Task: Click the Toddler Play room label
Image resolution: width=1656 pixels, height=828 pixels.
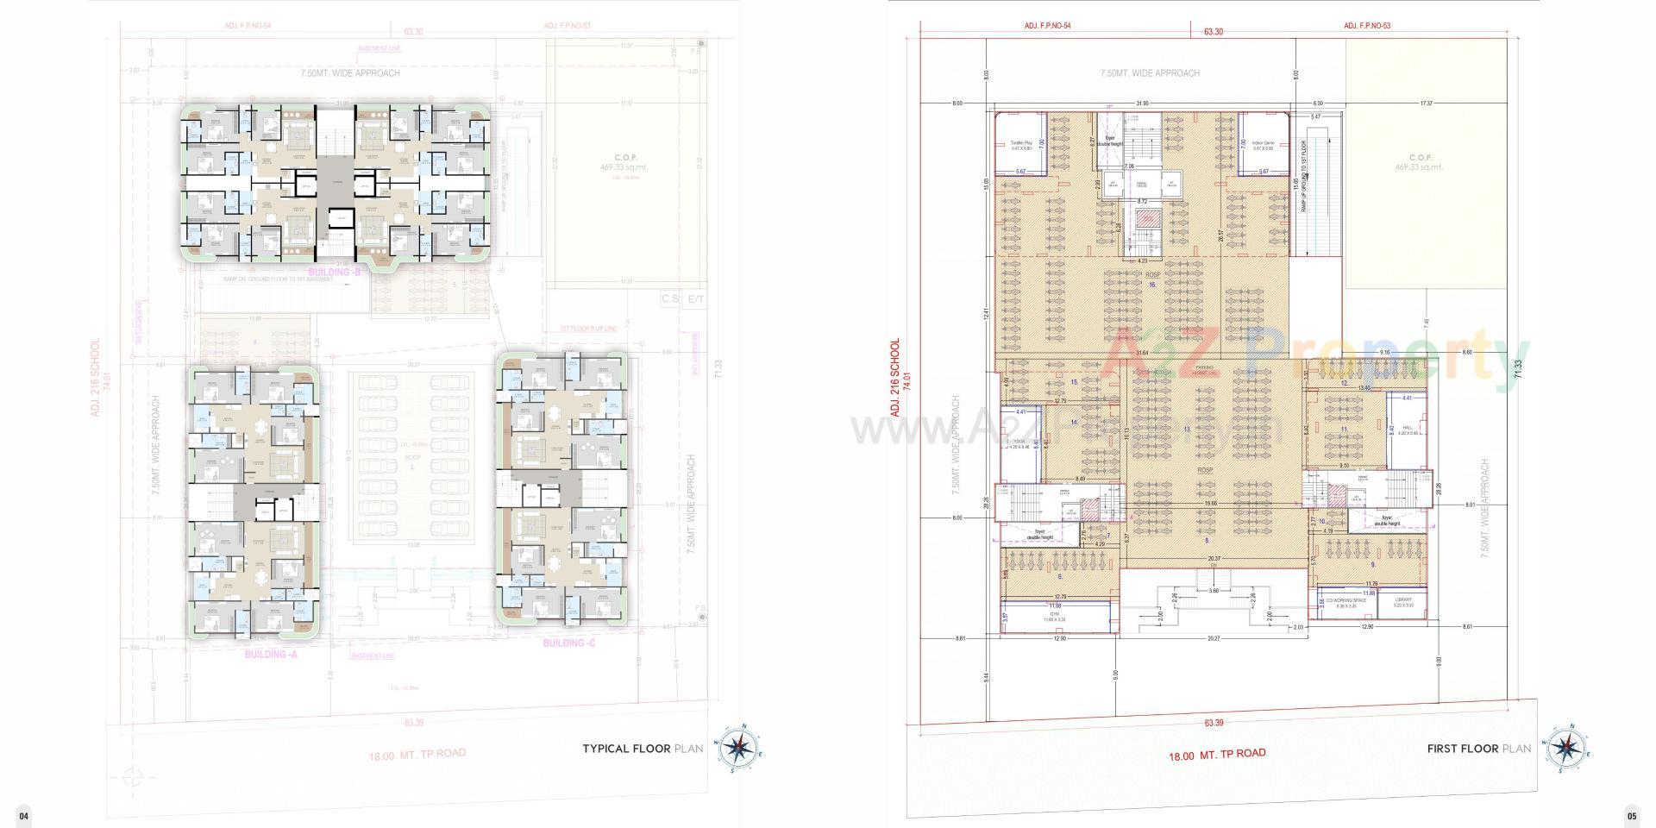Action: pyautogui.click(x=1020, y=145)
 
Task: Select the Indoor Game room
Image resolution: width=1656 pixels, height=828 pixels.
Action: pyautogui.click(x=1263, y=145)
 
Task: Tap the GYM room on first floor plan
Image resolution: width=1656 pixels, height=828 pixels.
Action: pyautogui.click(x=1054, y=618)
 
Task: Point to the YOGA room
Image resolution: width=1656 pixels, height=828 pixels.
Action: pyautogui.click(x=1019, y=442)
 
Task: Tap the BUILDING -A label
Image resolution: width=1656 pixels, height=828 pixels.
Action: pyautogui.click(x=271, y=655)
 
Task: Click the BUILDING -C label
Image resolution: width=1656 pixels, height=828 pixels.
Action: pyautogui.click(x=568, y=643)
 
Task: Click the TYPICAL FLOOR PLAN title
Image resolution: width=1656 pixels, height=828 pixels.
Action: pyautogui.click(x=643, y=749)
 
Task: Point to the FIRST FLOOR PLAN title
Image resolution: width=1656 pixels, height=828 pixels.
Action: pyautogui.click(x=1478, y=749)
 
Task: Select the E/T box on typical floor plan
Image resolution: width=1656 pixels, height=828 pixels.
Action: pyautogui.click(x=695, y=299)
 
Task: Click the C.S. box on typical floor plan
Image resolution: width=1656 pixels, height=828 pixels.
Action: pyautogui.click(x=670, y=299)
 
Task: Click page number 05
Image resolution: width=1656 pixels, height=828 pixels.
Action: pyautogui.click(x=1631, y=816)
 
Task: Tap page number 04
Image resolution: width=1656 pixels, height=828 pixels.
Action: pyautogui.click(x=24, y=816)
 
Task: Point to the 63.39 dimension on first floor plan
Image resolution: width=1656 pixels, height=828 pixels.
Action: pyautogui.click(x=1214, y=723)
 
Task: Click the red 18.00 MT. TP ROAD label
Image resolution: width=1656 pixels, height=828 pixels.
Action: pyautogui.click(x=1217, y=755)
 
